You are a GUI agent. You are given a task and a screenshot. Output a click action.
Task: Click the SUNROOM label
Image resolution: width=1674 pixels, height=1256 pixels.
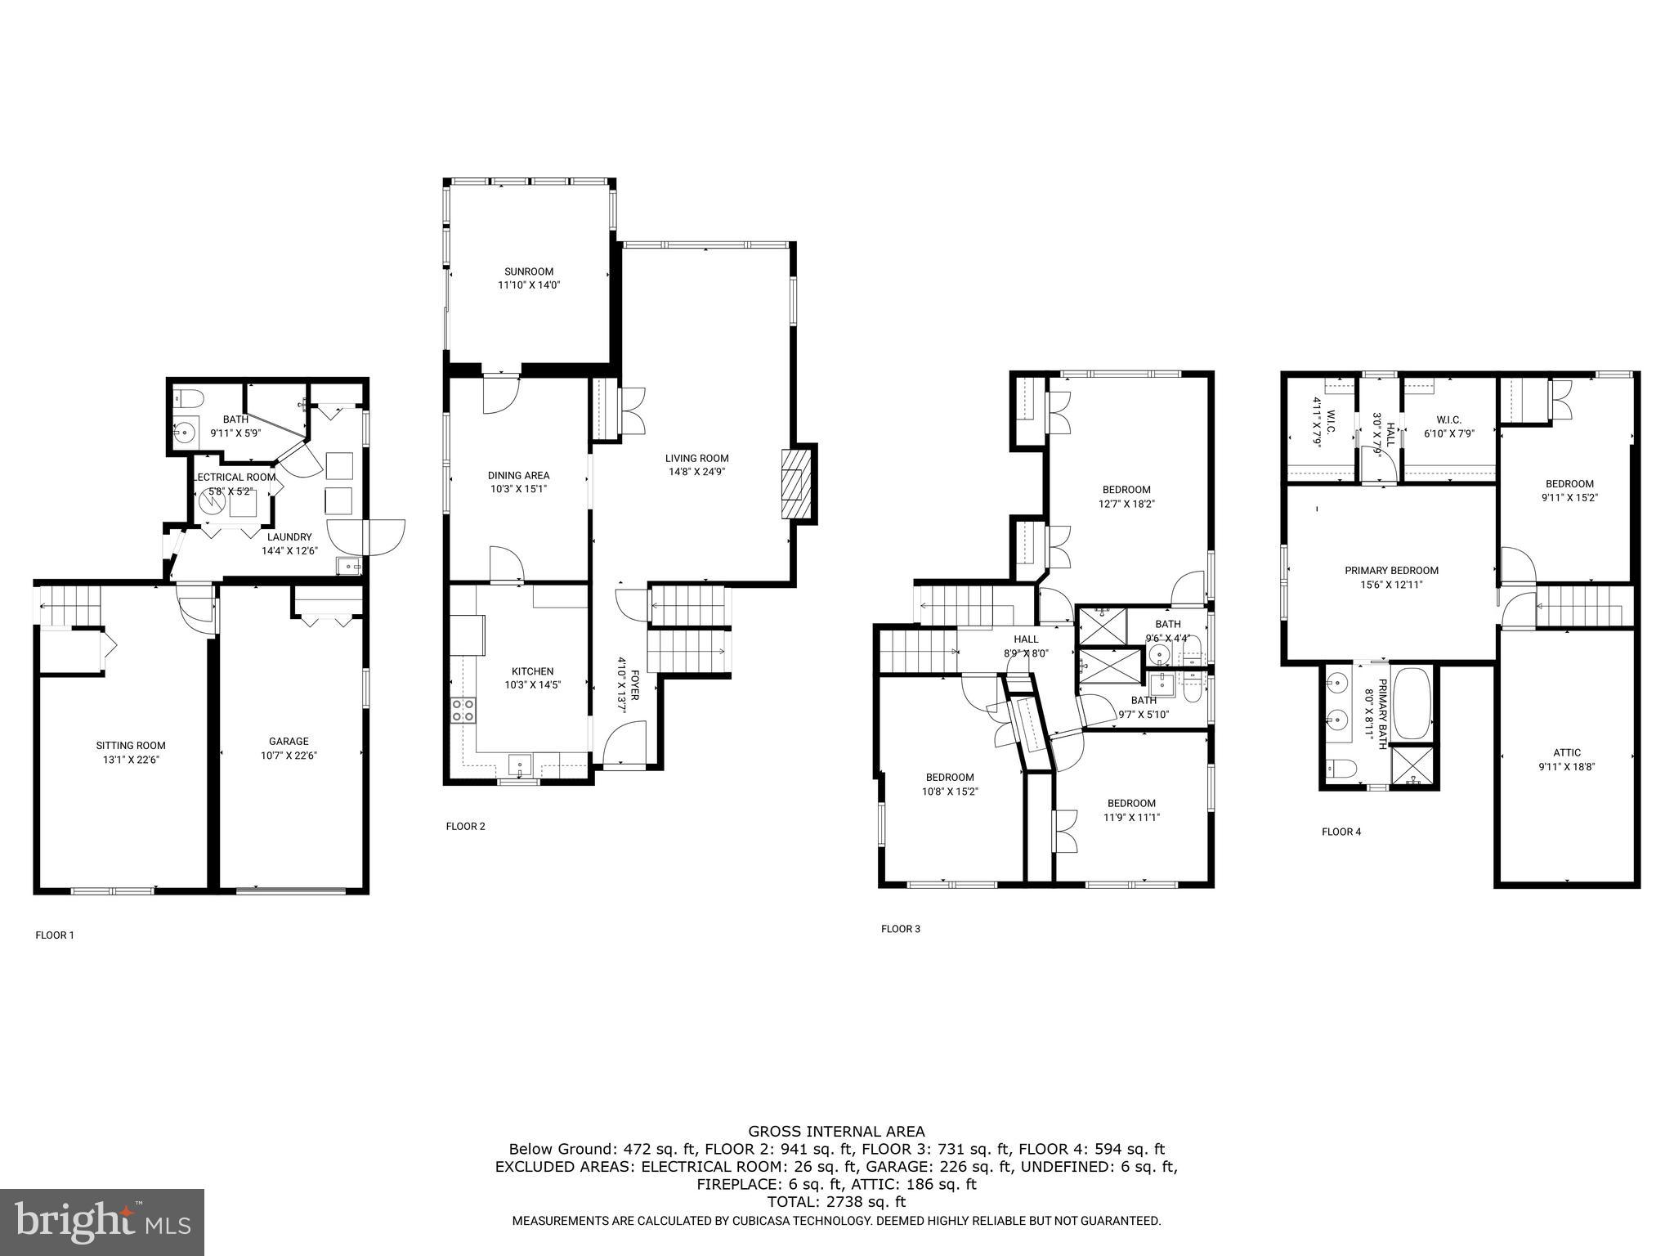pyautogui.click(x=528, y=271)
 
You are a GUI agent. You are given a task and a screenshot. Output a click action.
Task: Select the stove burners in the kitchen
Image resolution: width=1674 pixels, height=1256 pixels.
pyautogui.click(x=463, y=710)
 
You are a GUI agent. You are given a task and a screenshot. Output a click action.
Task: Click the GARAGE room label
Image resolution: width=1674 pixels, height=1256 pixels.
pyautogui.click(x=289, y=741)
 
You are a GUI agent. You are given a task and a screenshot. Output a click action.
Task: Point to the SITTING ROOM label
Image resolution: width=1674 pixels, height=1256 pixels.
pyautogui.click(x=131, y=745)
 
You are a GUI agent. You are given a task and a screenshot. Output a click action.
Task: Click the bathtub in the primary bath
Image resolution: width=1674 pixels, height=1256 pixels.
pyautogui.click(x=1412, y=703)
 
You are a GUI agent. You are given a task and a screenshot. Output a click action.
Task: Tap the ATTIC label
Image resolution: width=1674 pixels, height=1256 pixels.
pyautogui.click(x=1566, y=752)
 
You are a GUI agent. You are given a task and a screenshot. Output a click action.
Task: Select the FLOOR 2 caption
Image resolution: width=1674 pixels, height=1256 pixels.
pyautogui.click(x=465, y=826)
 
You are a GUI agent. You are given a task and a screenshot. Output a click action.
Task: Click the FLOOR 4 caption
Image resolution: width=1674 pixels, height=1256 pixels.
pyautogui.click(x=1341, y=832)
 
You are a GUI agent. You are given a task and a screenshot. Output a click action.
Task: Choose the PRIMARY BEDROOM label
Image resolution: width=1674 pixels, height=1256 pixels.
pyautogui.click(x=1391, y=571)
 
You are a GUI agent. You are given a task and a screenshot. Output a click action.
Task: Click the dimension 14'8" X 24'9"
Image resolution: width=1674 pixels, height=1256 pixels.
pyautogui.click(x=696, y=472)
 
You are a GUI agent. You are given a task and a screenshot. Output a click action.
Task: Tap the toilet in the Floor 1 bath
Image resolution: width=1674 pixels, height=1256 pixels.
pyautogui.click(x=189, y=399)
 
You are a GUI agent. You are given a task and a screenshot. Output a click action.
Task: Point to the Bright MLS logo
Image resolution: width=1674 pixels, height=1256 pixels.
pyautogui.click(x=102, y=1222)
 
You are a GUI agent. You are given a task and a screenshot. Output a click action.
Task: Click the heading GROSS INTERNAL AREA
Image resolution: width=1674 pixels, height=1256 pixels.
pyautogui.click(x=836, y=1132)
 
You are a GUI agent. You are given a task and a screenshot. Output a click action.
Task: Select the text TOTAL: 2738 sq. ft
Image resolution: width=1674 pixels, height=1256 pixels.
pyautogui.click(x=836, y=1202)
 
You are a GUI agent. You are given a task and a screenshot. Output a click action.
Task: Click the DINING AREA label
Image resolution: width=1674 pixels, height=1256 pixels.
pyautogui.click(x=518, y=475)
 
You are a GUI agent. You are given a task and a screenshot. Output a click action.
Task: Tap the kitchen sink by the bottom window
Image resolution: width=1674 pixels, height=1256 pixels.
pyautogui.click(x=519, y=766)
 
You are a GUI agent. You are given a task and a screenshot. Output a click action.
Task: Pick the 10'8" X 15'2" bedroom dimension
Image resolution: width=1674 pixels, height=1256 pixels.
pyautogui.click(x=950, y=791)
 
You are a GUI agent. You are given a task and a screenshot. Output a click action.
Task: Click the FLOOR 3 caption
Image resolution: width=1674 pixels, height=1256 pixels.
pyautogui.click(x=900, y=928)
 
